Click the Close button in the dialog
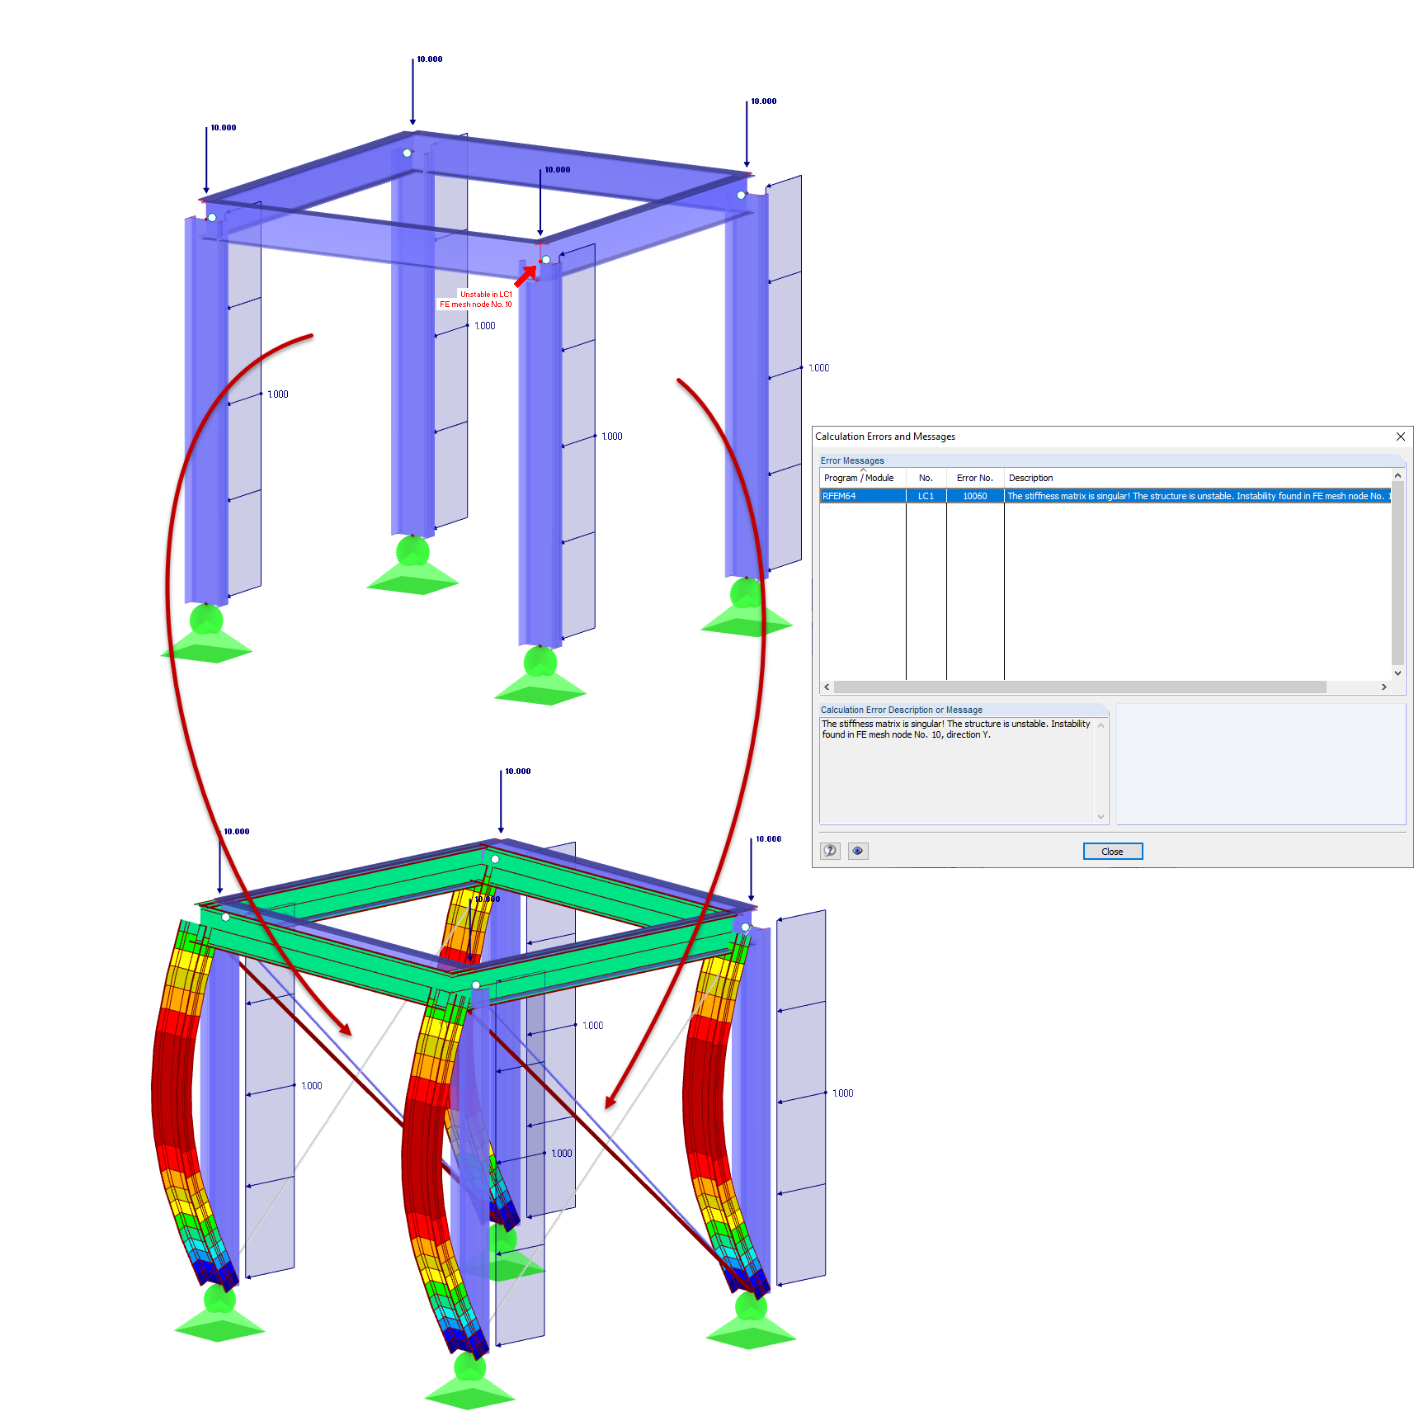tap(1112, 852)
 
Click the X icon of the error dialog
tap(1400, 437)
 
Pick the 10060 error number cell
tap(975, 496)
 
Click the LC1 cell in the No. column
tap(926, 496)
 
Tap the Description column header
tap(1031, 478)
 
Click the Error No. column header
tap(975, 478)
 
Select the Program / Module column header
tap(859, 478)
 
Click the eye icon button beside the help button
tap(858, 851)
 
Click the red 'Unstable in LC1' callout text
tap(486, 294)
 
